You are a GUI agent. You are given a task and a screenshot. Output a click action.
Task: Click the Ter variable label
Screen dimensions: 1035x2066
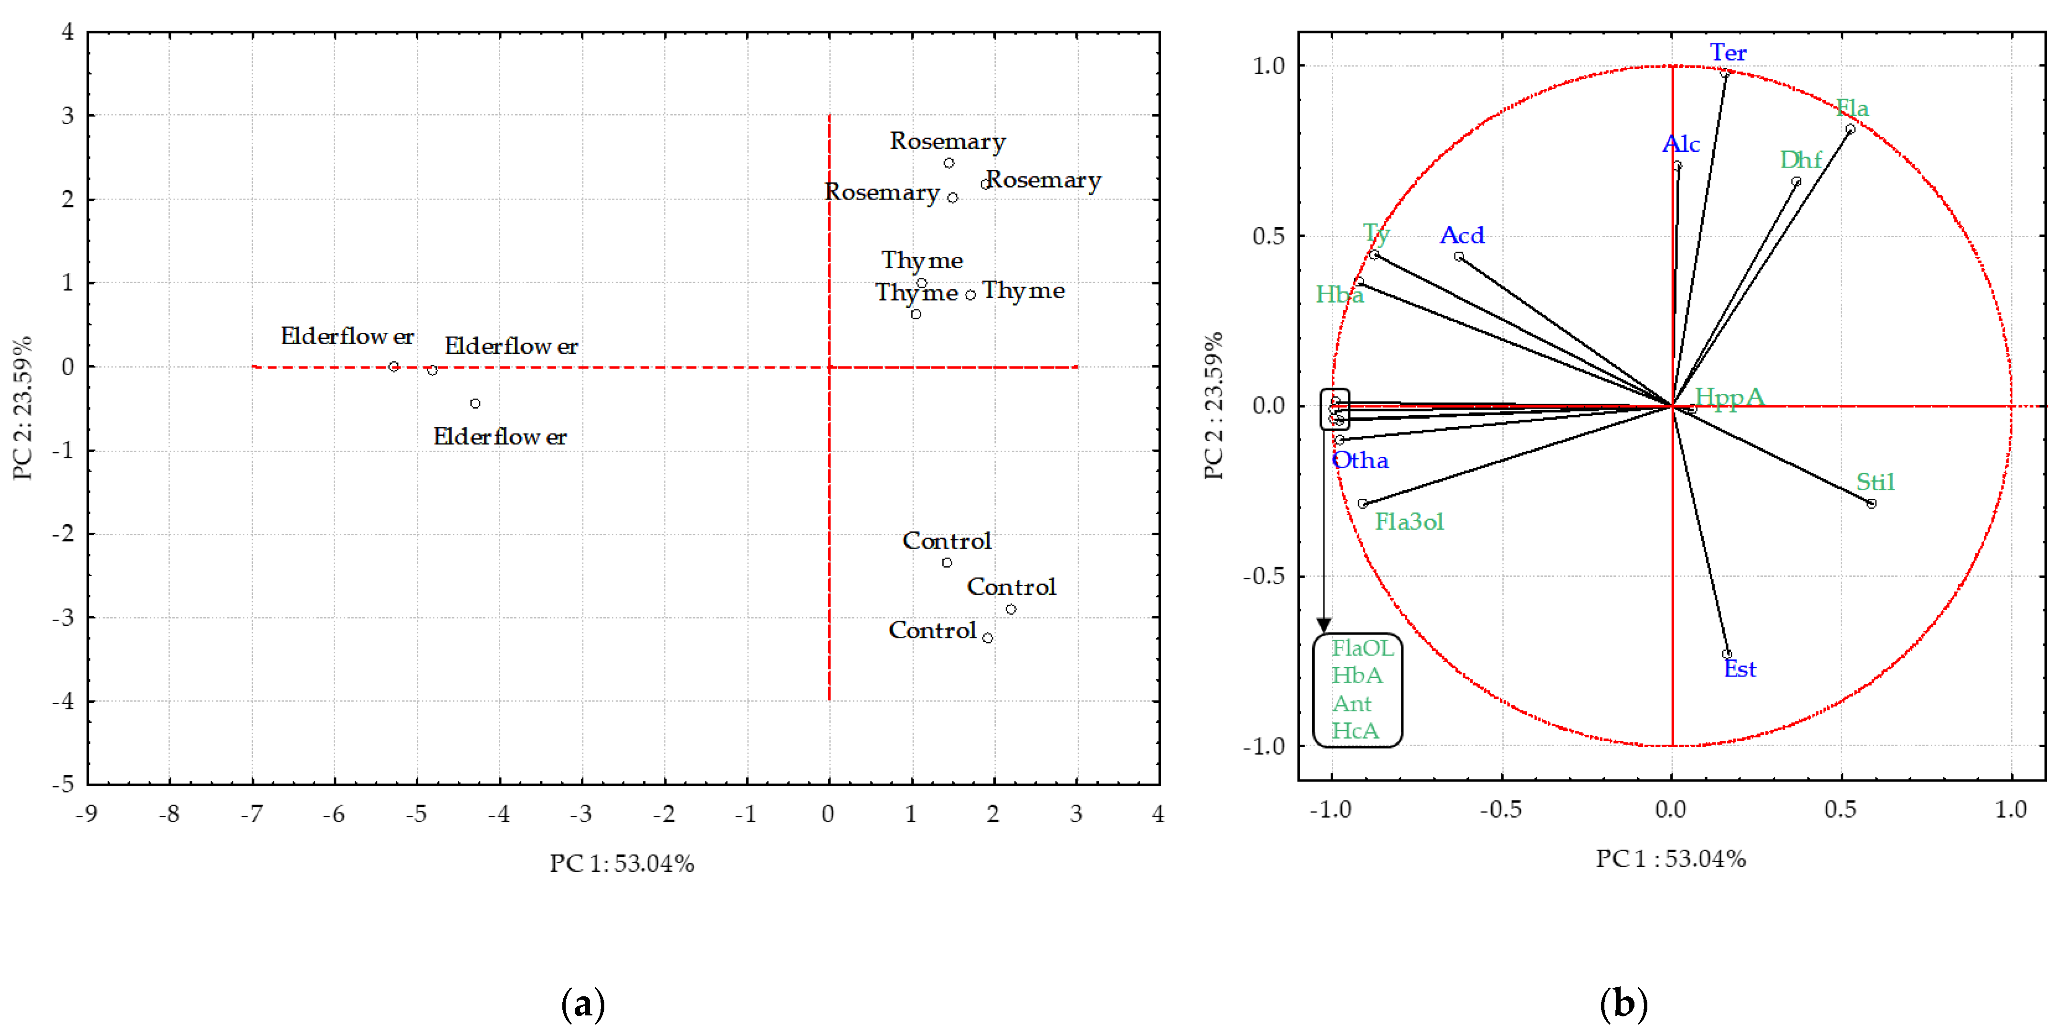1728,53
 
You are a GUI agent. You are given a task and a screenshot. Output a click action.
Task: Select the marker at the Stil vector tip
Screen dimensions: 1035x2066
1871,504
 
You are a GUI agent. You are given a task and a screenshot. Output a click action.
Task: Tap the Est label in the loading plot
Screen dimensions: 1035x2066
1739,669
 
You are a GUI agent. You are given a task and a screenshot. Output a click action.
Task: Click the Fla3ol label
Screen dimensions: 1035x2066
1409,522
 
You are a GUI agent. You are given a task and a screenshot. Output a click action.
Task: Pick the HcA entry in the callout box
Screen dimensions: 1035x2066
1355,731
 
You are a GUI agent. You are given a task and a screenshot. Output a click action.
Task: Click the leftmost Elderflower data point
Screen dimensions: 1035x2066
393,367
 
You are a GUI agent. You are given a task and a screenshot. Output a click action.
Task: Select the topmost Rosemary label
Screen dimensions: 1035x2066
947,141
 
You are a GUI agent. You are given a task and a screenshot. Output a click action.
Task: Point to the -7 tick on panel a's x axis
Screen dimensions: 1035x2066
252,814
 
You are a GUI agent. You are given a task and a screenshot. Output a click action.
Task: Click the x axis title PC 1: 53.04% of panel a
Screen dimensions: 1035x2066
622,863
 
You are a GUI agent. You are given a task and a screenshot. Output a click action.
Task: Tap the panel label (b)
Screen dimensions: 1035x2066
1623,1003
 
